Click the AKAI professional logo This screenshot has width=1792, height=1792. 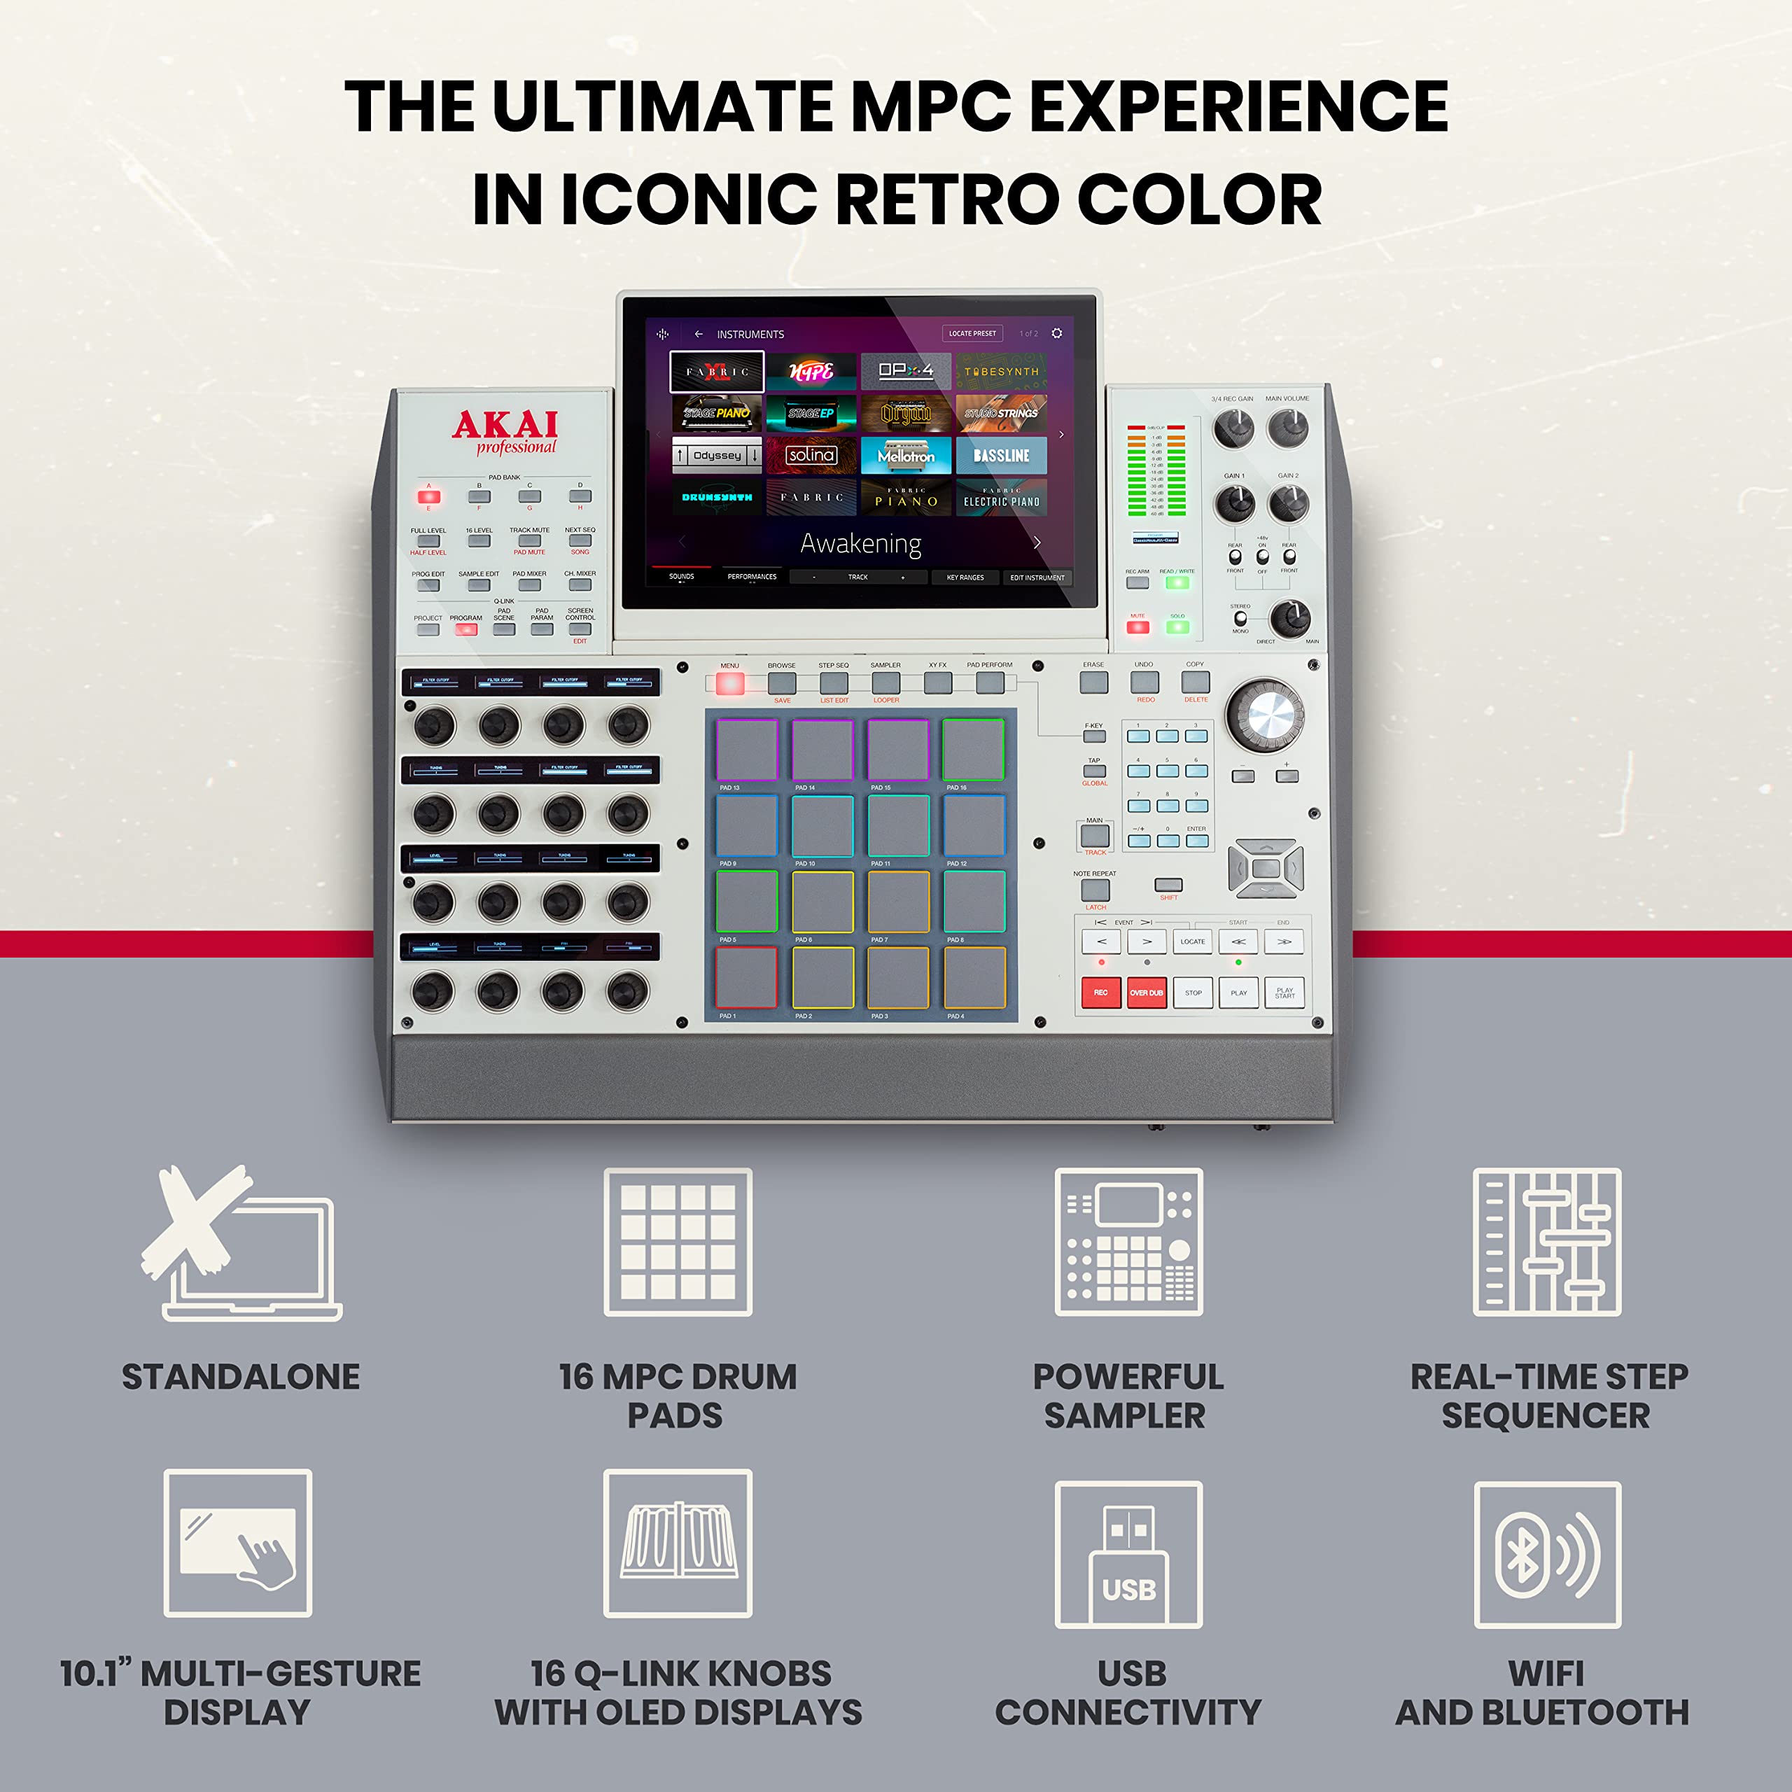tap(505, 432)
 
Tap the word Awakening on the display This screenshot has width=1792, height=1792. tap(861, 543)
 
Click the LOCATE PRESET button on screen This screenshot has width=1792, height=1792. tap(972, 333)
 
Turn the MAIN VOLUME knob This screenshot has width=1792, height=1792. tap(1288, 428)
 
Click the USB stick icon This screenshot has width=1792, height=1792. tap(1129, 1553)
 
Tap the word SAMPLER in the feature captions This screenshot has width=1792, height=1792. tap(1124, 1415)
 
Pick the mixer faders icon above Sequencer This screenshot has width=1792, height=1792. tap(1547, 1241)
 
